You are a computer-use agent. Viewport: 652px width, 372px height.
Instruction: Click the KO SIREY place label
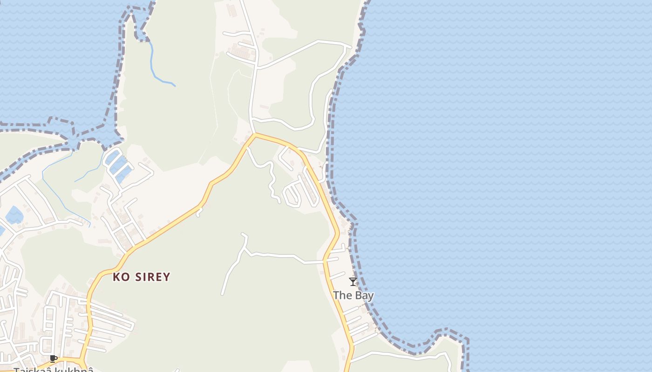point(142,277)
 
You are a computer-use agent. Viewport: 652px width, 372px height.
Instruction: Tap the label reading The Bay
point(353,295)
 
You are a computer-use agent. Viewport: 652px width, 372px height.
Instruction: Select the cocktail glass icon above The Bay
point(353,282)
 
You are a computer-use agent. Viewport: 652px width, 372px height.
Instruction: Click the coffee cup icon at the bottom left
point(54,358)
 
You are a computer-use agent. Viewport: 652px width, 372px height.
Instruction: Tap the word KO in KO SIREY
point(121,277)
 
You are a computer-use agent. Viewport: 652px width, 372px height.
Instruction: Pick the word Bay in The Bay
point(364,295)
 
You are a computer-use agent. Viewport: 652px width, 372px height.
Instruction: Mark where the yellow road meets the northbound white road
point(255,134)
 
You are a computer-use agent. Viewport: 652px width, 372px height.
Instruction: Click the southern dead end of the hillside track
point(223,294)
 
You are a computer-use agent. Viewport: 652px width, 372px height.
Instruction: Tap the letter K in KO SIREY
point(116,277)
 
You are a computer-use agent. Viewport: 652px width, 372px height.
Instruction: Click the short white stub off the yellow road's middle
point(199,212)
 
